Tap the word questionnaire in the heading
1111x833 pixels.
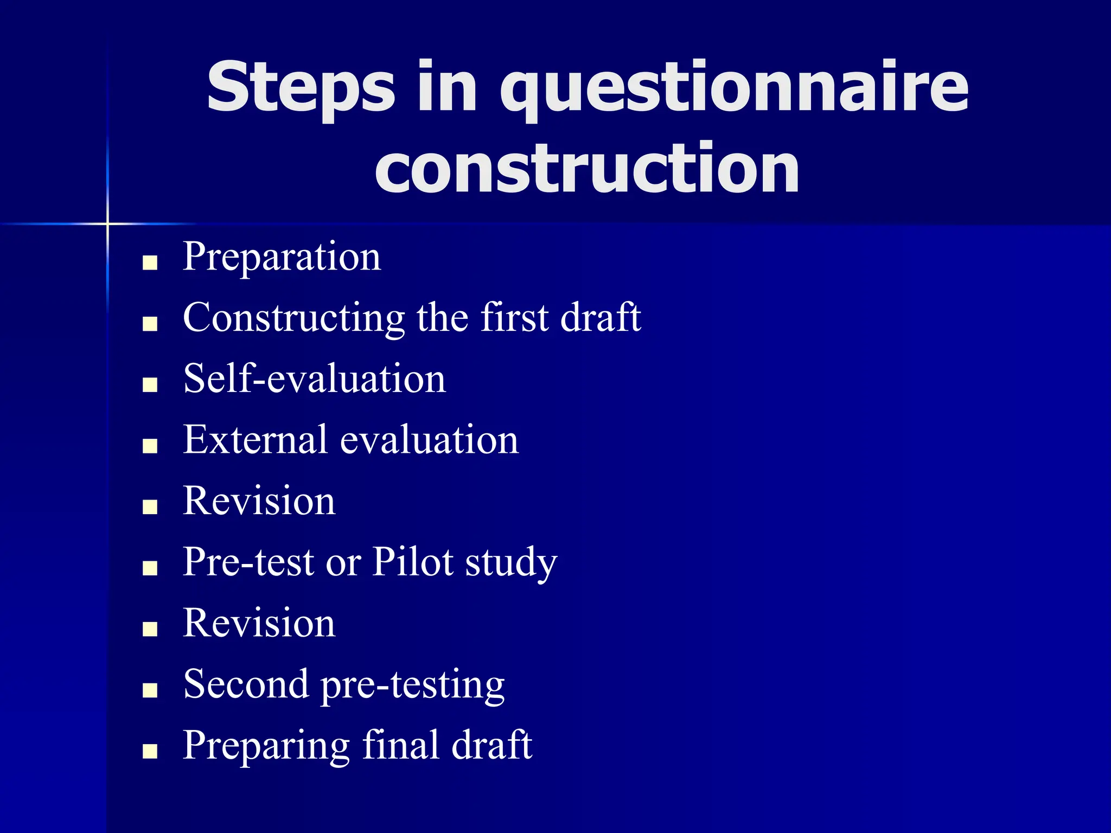(733, 88)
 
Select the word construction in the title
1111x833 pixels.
(587, 168)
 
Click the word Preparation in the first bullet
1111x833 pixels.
(282, 257)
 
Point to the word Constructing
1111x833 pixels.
(294, 318)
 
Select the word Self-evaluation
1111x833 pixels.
(315, 379)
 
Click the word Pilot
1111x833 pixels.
(413, 562)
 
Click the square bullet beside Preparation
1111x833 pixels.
(150, 264)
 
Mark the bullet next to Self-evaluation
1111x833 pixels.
(150, 386)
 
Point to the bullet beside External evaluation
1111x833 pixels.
(150, 446)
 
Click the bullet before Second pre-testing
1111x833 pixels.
(150, 690)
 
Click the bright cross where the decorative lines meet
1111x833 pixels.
(107, 223)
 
